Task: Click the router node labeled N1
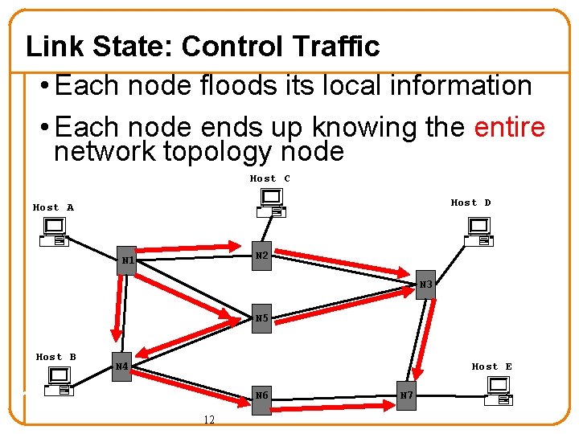(x=126, y=260)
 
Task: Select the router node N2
(x=261, y=256)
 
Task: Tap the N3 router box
(x=425, y=285)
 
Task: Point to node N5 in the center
(x=261, y=318)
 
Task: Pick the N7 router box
(x=407, y=395)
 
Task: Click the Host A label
(x=53, y=207)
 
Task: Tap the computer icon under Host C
(x=271, y=202)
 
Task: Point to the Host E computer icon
(x=499, y=391)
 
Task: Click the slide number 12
(x=209, y=420)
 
